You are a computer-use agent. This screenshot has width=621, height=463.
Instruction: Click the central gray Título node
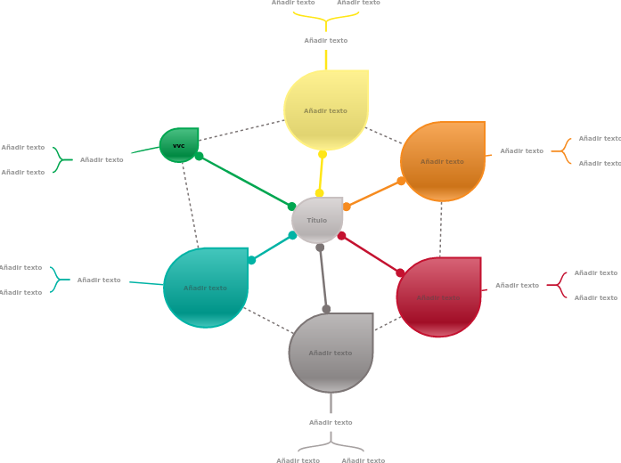[x=317, y=220]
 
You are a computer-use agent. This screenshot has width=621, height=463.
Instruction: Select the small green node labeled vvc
[x=179, y=145]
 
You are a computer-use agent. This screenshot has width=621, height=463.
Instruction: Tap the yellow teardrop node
[x=326, y=110]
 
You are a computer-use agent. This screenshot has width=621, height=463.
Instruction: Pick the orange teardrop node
[x=443, y=161]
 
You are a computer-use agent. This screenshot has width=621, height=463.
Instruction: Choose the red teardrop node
[x=438, y=297]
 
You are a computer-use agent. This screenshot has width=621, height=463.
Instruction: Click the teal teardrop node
[x=206, y=288]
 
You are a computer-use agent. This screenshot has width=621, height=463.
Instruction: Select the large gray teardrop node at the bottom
[x=331, y=353]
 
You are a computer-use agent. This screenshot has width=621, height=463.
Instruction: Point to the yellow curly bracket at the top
[x=326, y=17]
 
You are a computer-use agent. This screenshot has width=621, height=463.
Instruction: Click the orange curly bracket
[x=561, y=151]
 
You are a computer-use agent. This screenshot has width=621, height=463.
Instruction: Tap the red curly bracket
[x=557, y=285]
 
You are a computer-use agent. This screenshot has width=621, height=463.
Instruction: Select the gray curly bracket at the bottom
[x=331, y=443]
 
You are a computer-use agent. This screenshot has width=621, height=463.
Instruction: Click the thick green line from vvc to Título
[x=245, y=182]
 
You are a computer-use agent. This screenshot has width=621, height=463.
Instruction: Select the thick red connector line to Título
[x=371, y=254]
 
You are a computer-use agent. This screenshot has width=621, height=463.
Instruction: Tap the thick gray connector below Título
[x=323, y=278]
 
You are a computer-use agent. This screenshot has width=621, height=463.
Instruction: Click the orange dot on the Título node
[x=347, y=207]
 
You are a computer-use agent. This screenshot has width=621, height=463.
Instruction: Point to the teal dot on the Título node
[x=292, y=235]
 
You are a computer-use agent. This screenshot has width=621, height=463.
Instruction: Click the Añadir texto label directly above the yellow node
[x=326, y=41]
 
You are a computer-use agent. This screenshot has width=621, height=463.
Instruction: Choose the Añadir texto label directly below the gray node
[x=331, y=422]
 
